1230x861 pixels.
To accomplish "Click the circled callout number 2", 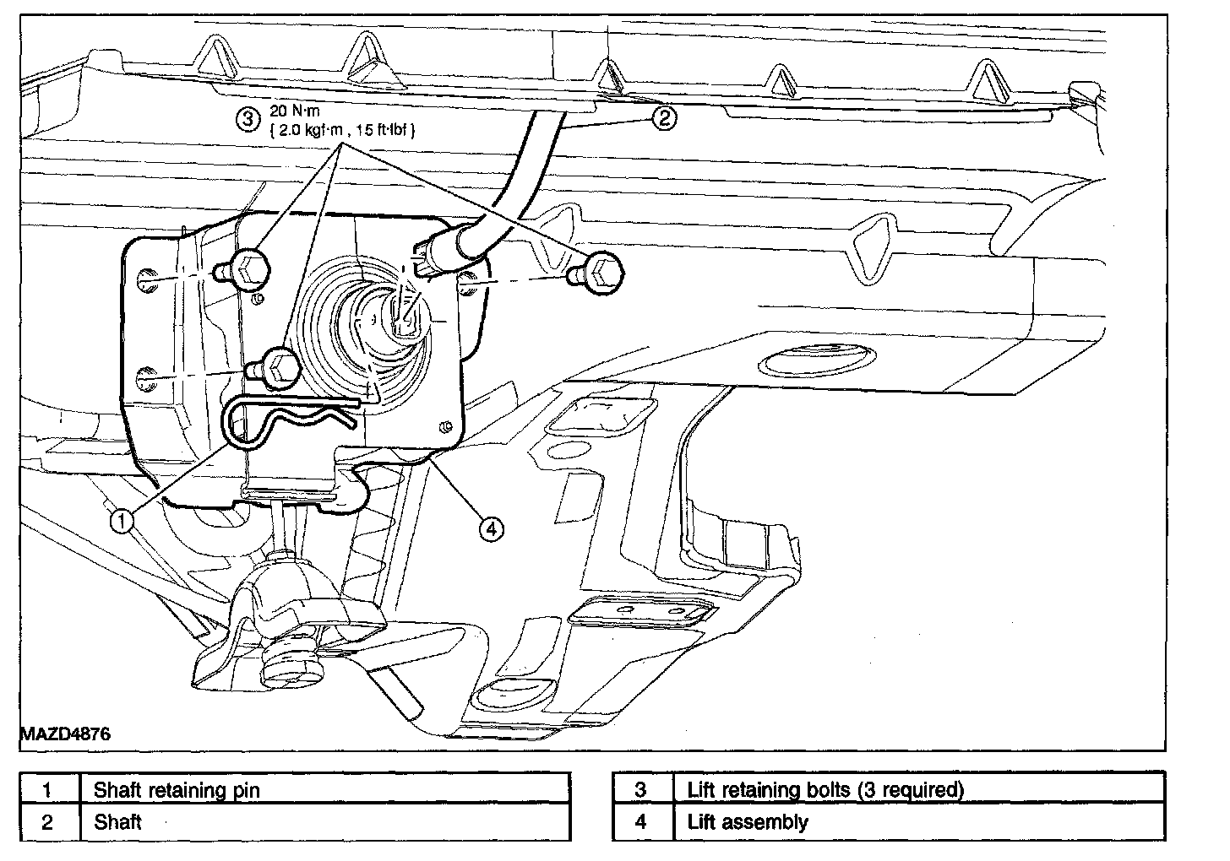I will point(664,118).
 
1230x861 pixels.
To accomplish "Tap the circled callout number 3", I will point(247,119).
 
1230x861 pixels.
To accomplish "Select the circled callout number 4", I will point(492,528).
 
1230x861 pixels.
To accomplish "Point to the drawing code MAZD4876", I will point(65,734).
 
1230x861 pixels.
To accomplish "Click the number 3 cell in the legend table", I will point(641,791).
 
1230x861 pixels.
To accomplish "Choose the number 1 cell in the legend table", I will point(48,791).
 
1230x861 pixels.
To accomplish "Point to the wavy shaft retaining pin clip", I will point(296,418).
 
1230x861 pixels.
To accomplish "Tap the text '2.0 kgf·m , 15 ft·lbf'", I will point(341,131).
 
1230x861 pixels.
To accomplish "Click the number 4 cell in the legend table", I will point(641,822).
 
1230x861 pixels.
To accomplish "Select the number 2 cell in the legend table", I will point(48,822).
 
